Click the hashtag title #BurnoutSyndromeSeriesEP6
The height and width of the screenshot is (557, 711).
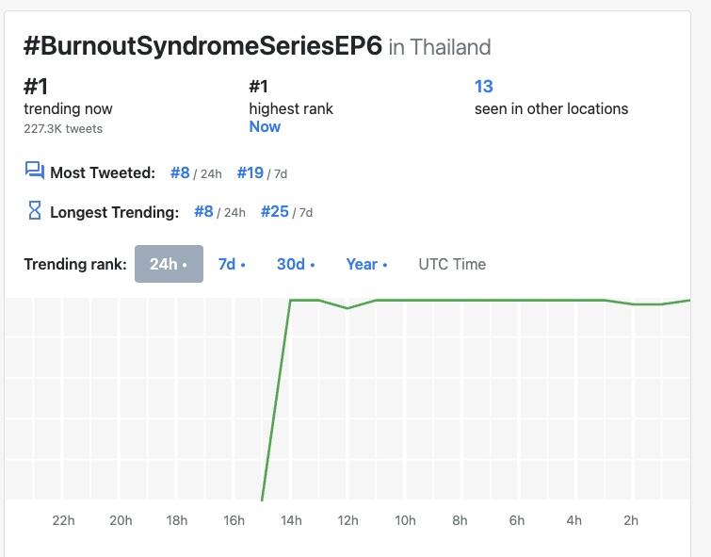(202, 46)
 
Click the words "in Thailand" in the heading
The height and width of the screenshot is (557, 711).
(440, 47)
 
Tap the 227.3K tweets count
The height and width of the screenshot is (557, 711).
(63, 128)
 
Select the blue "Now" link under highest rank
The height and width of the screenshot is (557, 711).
(265, 126)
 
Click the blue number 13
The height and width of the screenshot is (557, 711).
(483, 87)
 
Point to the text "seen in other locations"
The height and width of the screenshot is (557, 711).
(551, 108)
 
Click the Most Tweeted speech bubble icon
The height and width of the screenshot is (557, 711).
(35, 171)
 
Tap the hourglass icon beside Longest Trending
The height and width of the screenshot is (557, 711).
(35, 211)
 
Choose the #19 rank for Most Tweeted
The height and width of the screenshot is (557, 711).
(250, 172)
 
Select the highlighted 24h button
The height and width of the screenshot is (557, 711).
(169, 264)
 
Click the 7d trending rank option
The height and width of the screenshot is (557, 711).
(231, 264)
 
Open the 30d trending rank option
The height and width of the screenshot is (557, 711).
(295, 264)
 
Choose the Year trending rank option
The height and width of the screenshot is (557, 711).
(365, 264)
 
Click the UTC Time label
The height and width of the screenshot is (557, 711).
(452, 264)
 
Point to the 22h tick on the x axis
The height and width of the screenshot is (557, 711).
(63, 520)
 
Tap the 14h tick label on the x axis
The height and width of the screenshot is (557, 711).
(291, 520)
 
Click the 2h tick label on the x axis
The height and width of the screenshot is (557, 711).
(631, 520)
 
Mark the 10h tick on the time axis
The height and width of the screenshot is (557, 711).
(405, 520)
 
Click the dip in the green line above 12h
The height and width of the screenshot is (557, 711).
(347, 308)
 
